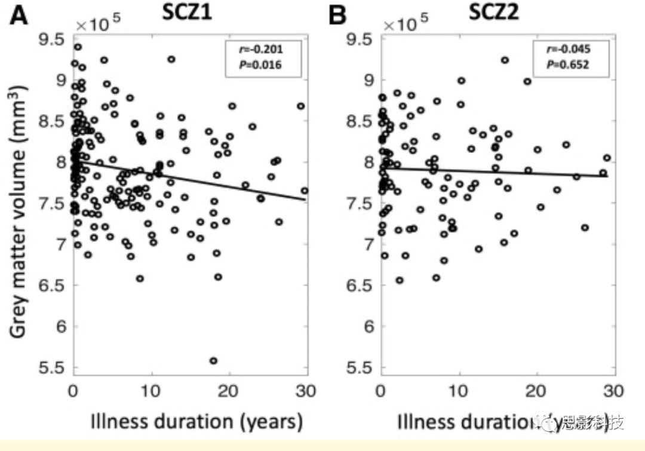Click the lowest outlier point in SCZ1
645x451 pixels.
point(213,360)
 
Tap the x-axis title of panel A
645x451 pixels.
point(196,422)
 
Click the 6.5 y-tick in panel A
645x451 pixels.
point(52,286)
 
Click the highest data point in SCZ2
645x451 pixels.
point(505,60)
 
